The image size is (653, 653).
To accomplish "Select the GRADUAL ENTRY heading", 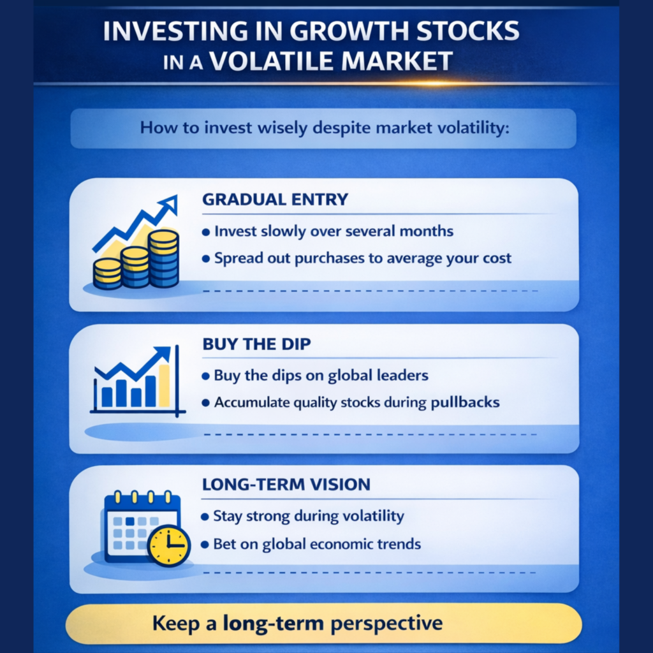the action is pos(275,199).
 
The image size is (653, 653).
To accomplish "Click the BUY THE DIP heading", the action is pos(256,344).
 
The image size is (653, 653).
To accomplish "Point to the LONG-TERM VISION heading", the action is pos(286,485).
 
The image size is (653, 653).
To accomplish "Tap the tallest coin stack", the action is pos(163,259).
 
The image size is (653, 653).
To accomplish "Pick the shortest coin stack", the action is pos(107,274).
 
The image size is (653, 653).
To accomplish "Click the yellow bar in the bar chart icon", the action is pos(164,386).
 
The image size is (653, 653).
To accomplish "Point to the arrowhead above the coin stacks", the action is pos(169,204).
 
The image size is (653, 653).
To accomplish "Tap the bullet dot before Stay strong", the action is pos(205,517).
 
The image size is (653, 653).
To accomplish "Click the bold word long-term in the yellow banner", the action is pos(273,624).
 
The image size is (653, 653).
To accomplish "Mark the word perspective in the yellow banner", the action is pos(386,624).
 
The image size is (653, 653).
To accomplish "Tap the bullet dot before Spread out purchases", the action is pos(205,259).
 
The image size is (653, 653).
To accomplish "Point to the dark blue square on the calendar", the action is pos(130,521).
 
